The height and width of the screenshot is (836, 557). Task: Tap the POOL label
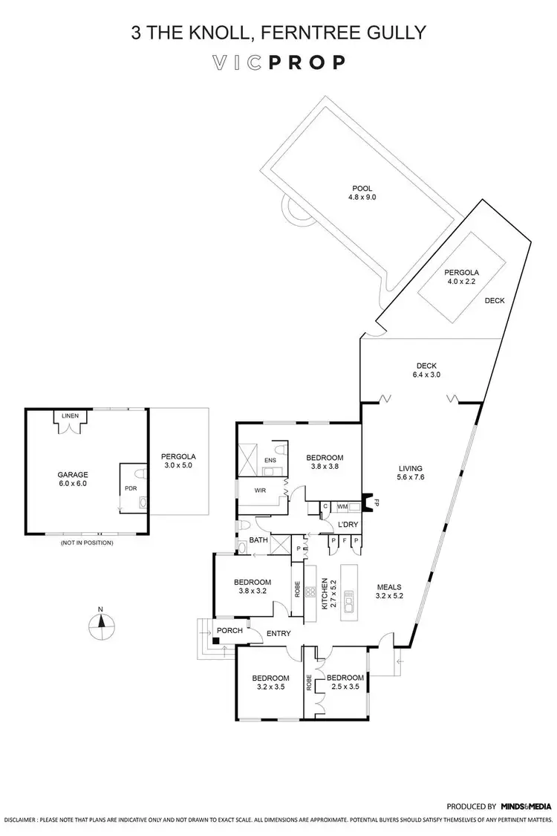tap(362, 193)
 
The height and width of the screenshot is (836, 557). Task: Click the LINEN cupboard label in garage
tap(70, 416)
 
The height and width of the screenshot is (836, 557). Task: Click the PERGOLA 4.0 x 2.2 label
tap(461, 277)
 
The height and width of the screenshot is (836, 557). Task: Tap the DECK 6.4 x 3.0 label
tap(426, 369)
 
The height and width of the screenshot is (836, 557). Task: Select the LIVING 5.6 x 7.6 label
tap(405, 473)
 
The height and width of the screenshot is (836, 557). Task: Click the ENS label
tap(270, 461)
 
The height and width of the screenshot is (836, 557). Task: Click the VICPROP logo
tap(278, 62)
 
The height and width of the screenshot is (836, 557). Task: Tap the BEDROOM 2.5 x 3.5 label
tap(345, 682)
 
